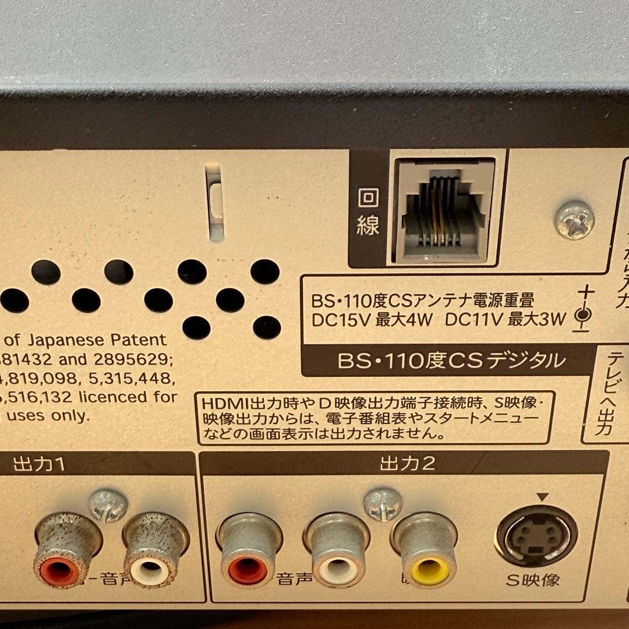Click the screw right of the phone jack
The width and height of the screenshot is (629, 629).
(x=574, y=220)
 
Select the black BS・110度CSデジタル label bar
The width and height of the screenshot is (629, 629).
(x=451, y=361)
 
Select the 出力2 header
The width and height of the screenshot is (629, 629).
(x=408, y=464)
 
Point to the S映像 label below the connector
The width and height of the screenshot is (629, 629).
(x=533, y=580)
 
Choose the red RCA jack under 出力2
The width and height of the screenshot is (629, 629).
(x=248, y=570)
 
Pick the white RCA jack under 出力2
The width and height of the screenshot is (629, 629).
(x=338, y=570)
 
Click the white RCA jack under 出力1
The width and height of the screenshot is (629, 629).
(x=151, y=570)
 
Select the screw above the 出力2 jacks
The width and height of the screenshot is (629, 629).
(x=383, y=504)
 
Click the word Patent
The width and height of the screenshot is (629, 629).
(x=141, y=340)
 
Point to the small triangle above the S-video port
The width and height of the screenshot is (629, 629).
(x=543, y=497)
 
